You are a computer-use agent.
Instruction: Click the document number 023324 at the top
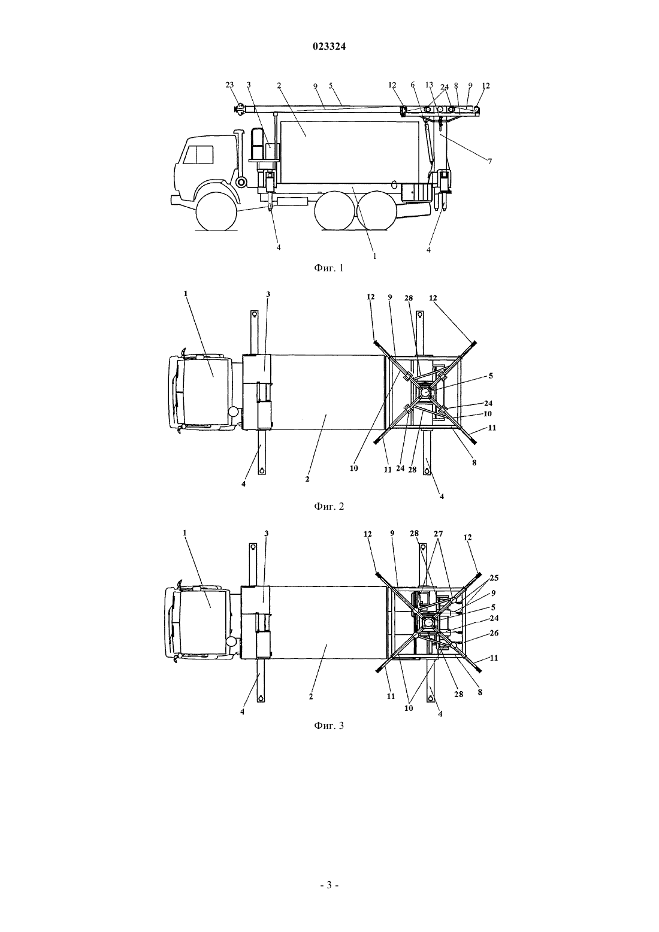click(329, 47)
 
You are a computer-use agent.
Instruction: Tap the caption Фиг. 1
click(329, 268)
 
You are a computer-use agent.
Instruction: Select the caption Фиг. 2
click(329, 506)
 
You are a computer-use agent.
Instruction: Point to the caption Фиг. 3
click(329, 725)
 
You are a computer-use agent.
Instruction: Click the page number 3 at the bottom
click(329, 885)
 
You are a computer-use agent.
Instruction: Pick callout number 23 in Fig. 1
click(229, 85)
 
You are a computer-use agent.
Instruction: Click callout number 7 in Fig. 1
click(489, 162)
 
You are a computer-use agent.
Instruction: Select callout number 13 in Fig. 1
click(429, 85)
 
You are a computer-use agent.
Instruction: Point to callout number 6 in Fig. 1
click(413, 85)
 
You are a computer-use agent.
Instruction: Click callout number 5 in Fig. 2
click(491, 376)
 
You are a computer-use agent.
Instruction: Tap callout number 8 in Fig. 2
click(474, 462)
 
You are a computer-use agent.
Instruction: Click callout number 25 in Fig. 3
click(494, 578)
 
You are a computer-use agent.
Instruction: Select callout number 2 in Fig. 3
click(311, 697)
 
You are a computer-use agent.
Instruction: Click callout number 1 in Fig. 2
click(186, 293)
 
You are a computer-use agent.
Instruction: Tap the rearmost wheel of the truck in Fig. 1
click(376, 210)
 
